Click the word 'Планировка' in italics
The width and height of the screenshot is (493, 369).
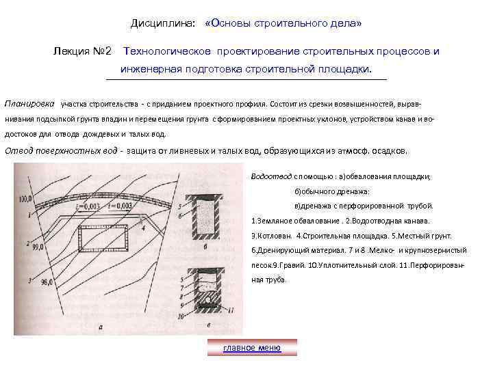click(x=29, y=105)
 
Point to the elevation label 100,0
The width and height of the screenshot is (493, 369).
click(x=26, y=199)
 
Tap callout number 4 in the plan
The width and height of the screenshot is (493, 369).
click(x=142, y=228)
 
